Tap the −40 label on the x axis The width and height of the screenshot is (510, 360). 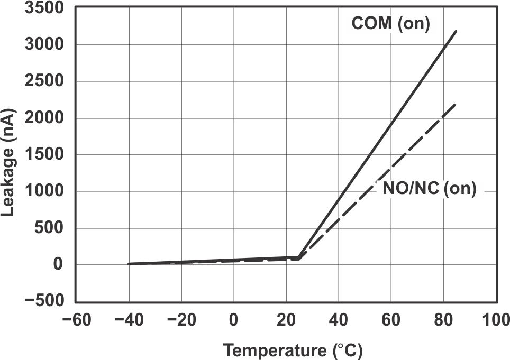click(128, 320)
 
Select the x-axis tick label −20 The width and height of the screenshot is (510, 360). click(180, 320)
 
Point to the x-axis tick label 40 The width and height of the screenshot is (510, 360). click(338, 320)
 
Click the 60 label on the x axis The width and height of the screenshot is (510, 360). click(390, 320)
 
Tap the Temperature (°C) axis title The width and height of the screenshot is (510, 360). click(293, 350)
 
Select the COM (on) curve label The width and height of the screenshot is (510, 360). click(390, 24)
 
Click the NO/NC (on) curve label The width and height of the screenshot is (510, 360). click(429, 189)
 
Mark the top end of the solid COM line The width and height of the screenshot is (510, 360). click(456, 31)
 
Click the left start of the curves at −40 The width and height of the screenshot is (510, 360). click(129, 264)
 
